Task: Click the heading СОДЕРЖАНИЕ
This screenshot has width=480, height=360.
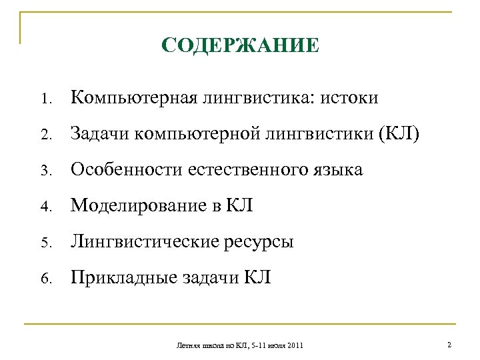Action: pyautogui.click(x=241, y=47)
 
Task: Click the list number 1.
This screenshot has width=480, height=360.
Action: pyautogui.click(x=44, y=99)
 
